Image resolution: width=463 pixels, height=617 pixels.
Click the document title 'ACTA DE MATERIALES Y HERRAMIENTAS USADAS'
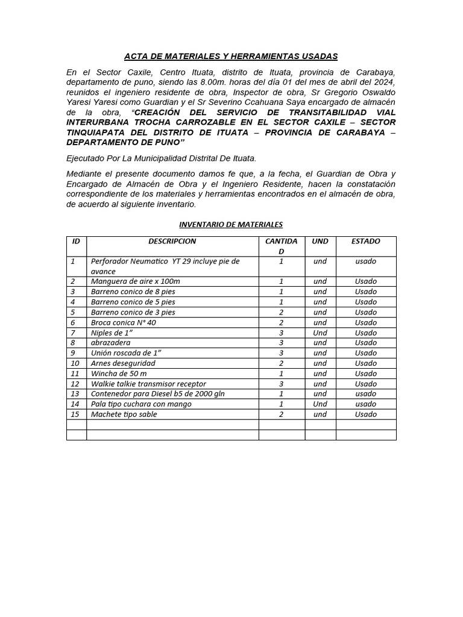click(x=231, y=57)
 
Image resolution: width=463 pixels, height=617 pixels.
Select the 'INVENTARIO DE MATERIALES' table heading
click(x=231, y=225)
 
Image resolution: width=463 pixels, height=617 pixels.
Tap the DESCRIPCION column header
click(x=172, y=241)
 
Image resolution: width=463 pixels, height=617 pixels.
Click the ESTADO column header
click(x=366, y=241)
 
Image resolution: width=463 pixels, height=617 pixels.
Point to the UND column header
click(x=320, y=241)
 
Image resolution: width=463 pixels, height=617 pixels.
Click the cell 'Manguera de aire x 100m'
click(x=135, y=281)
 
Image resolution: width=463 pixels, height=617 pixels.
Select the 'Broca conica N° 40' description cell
click(x=123, y=322)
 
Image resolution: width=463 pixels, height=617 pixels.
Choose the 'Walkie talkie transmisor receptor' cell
click(x=148, y=384)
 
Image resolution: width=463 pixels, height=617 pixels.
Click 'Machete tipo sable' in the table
click(x=124, y=415)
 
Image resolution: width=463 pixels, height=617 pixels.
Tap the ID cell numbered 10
click(x=75, y=363)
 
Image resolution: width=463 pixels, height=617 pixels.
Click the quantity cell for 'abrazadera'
click(x=282, y=343)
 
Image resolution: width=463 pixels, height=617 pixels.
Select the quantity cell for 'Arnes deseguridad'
click(x=282, y=363)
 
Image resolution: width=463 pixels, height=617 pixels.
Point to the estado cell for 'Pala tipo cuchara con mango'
click(x=366, y=404)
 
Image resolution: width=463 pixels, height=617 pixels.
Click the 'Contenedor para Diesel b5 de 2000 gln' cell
click(x=158, y=394)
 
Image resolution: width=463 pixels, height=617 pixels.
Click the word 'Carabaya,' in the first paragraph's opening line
click(x=373, y=72)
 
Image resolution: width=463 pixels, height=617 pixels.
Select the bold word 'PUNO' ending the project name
click(x=167, y=143)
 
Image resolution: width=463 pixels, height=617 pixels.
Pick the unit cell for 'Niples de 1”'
click(x=320, y=333)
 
